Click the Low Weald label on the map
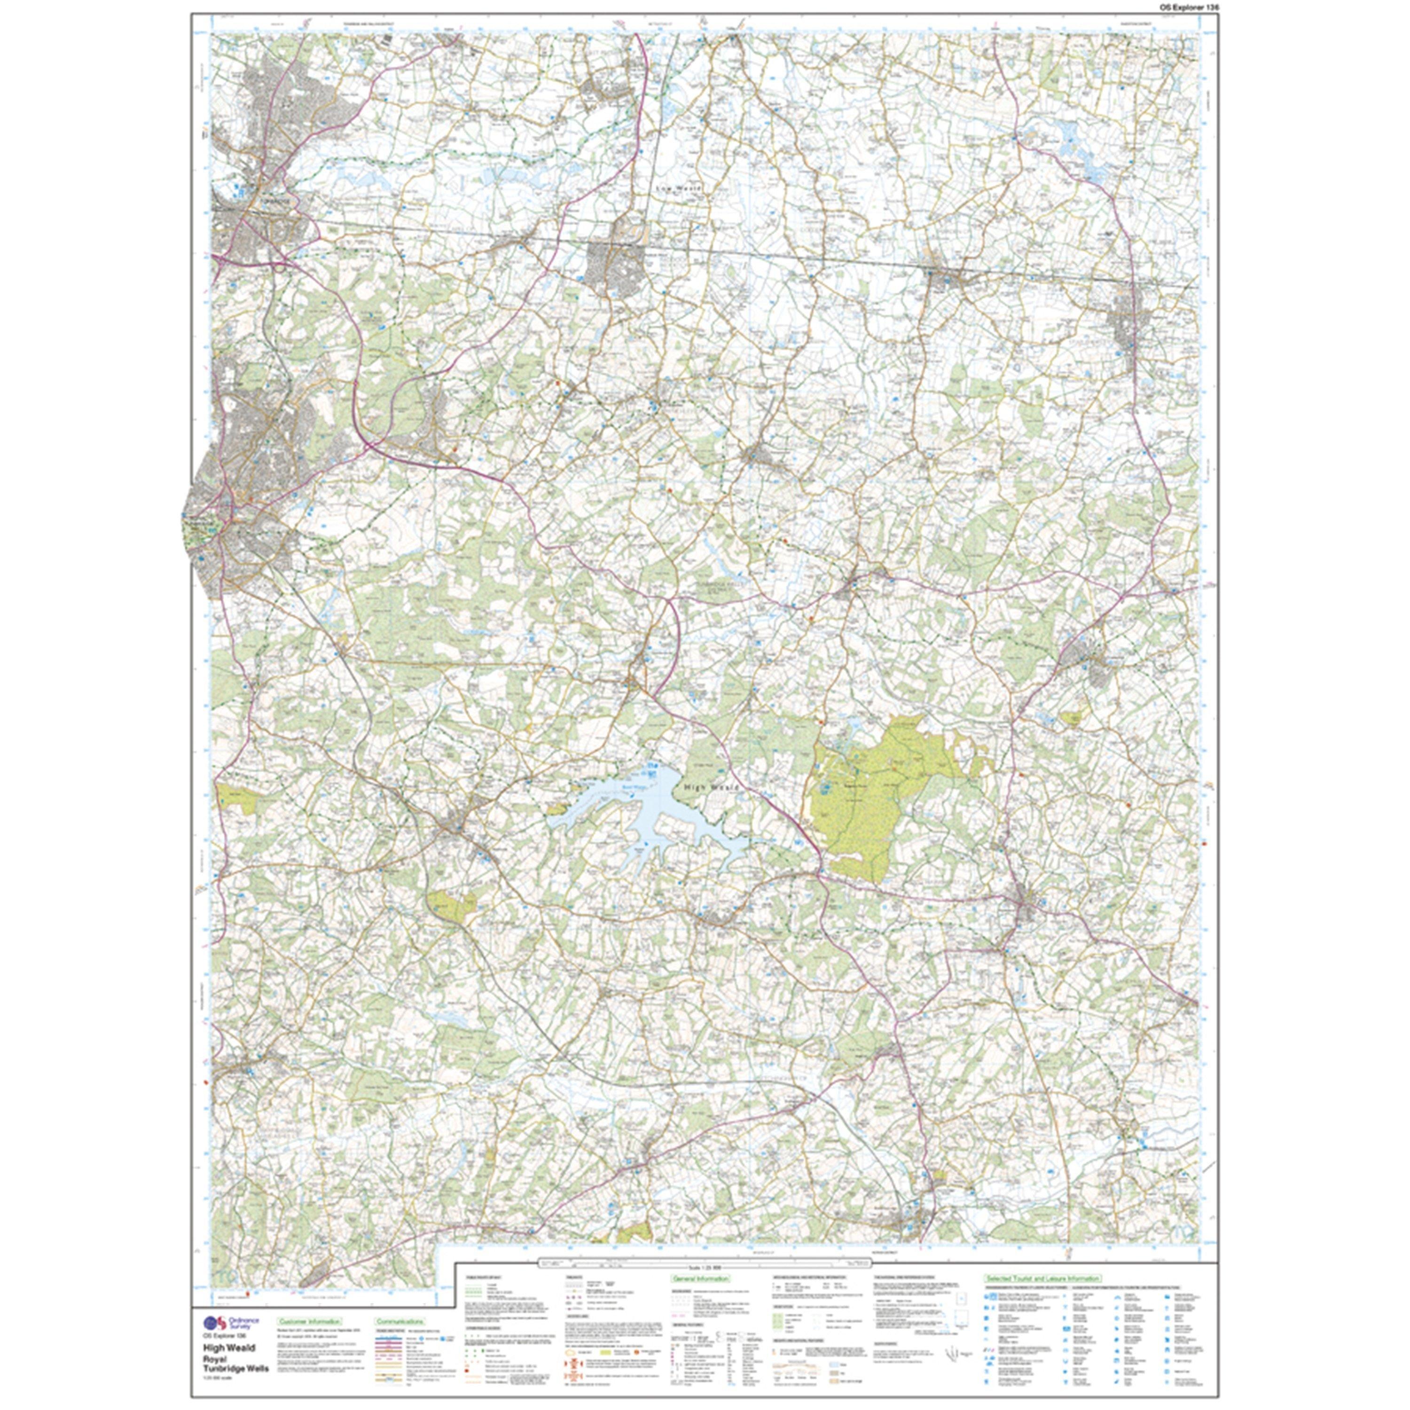click(x=679, y=188)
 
